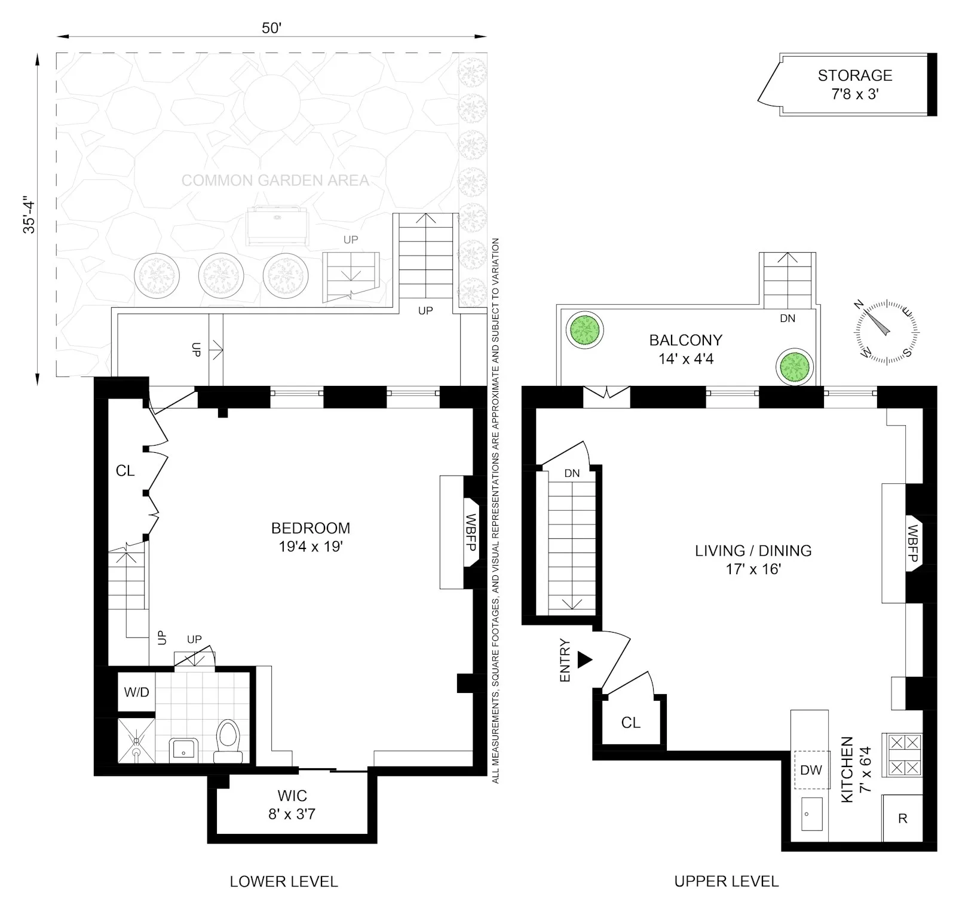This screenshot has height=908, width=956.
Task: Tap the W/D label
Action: (x=136, y=692)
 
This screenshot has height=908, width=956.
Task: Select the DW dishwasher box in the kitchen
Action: (x=811, y=770)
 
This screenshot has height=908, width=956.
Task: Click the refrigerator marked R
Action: (x=902, y=818)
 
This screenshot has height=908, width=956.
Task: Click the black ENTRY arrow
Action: (x=584, y=660)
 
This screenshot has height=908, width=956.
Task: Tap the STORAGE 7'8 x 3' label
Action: (x=854, y=84)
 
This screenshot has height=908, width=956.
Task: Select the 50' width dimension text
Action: (x=271, y=28)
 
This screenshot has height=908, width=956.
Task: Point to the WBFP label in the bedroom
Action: (x=470, y=532)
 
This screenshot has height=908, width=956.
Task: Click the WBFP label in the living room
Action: (x=912, y=544)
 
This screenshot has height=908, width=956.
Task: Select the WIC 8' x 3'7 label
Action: (x=292, y=804)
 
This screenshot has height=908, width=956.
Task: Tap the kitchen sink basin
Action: (x=811, y=814)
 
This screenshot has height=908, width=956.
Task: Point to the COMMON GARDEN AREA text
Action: (x=275, y=180)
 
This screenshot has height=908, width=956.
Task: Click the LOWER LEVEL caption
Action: (x=284, y=881)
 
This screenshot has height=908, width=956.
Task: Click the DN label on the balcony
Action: (x=788, y=318)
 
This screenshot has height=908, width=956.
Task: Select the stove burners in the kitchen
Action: (x=903, y=755)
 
